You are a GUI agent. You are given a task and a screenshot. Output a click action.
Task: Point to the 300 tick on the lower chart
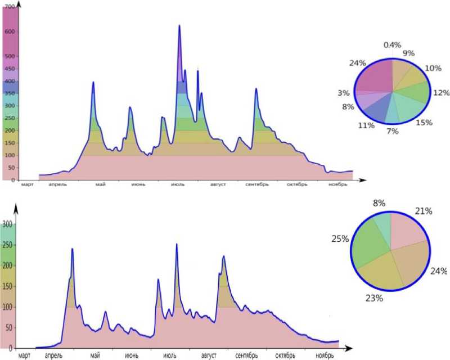(8, 224)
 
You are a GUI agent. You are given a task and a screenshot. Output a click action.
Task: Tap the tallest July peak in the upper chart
(179, 26)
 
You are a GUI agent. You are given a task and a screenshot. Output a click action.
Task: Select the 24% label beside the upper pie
(358, 63)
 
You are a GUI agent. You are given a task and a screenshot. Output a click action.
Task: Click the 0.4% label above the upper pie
(392, 44)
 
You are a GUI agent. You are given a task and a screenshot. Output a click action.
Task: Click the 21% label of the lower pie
(423, 211)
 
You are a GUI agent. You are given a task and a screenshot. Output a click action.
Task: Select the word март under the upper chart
(27, 184)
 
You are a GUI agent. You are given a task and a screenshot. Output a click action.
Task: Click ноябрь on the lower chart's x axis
(325, 355)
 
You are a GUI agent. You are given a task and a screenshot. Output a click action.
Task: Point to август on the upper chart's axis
(219, 184)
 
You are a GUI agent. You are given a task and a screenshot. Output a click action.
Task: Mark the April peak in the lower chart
(72, 249)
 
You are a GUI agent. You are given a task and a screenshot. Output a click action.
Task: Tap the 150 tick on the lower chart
(8, 286)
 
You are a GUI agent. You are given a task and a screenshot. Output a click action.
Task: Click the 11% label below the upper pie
(366, 125)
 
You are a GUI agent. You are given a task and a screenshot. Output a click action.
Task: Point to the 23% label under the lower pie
(374, 298)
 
